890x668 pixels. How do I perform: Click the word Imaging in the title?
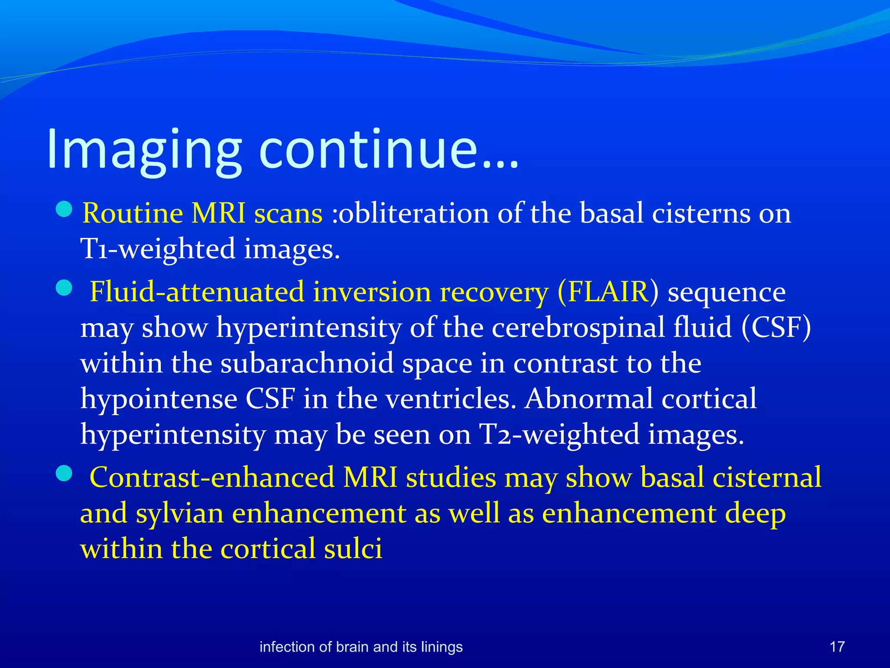(x=143, y=150)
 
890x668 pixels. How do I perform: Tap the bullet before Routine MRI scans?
(x=64, y=209)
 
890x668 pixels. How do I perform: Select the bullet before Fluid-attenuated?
(x=64, y=288)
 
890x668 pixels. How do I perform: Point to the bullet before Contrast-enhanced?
(x=64, y=474)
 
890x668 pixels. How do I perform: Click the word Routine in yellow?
(x=133, y=214)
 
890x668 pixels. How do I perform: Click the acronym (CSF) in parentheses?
(x=776, y=327)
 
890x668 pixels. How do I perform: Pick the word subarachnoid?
(x=307, y=363)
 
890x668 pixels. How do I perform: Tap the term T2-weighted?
(x=558, y=434)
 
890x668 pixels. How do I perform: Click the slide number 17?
(x=837, y=647)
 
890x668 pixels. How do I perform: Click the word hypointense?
(x=159, y=399)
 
